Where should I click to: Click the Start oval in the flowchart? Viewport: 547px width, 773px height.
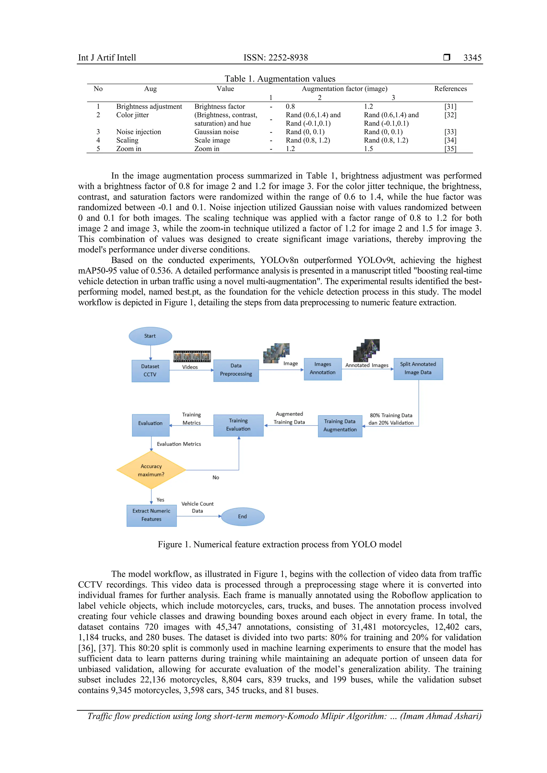tap(150, 336)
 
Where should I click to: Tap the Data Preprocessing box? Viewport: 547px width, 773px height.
tap(236, 370)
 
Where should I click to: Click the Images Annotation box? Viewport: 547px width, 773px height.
tap(322, 369)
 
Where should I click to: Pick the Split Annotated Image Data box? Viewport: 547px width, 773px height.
tap(418, 369)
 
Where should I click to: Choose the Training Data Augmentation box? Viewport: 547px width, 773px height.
tap(340, 425)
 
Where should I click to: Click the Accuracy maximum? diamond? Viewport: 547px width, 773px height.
tap(151, 470)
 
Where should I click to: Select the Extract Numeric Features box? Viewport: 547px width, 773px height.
tap(151, 515)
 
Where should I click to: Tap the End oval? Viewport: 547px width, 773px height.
tap(243, 516)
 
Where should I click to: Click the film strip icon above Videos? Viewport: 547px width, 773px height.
tap(192, 356)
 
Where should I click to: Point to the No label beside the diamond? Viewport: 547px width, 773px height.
tap(216, 478)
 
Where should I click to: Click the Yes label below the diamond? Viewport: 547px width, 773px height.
tap(160, 500)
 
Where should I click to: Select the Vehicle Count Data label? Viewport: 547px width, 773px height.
tap(197, 507)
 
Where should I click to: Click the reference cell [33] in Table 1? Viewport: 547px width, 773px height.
tap(450, 132)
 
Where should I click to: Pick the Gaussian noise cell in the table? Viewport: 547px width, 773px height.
tap(216, 132)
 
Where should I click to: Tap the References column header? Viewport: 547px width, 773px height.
tap(450, 89)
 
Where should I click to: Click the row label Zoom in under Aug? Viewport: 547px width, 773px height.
tap(129, 149)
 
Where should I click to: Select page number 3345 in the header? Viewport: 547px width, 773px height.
tap(472, 58)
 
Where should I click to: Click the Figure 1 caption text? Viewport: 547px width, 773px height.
tap(280, 545)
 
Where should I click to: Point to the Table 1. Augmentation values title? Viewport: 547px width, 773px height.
tap(280, 79)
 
